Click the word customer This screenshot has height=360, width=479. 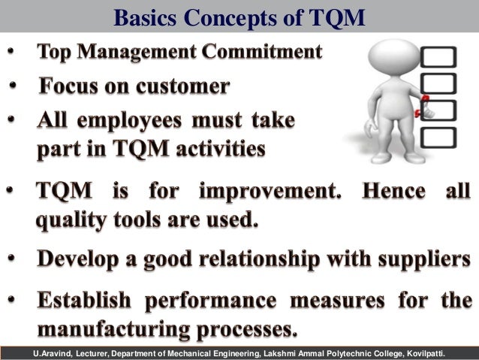click(180, 87)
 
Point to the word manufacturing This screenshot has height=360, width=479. click(103, 329)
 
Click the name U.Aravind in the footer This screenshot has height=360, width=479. click(56, 353)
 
